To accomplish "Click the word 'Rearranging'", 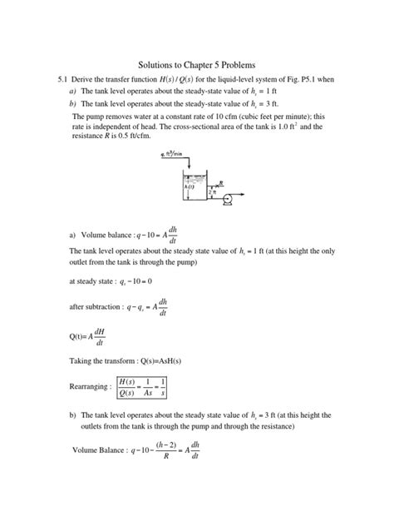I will [x=89, y=388].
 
